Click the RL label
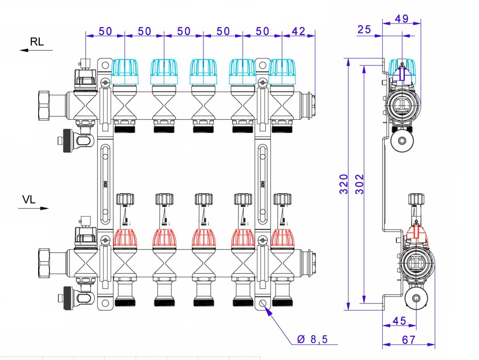pyautogui.click(x=37, y=42)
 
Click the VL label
pyautogui.click(x=29, y=199)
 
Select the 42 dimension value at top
pyautogui.click(x=298, y=31)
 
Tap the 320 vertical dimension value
pyautogui.click(x=344, y=184)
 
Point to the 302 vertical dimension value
pyautogui.click(x=359, y=184)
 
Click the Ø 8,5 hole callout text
pyautogui.click(x=312, y=340)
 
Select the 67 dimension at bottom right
pyautogui.click(x=408, y=340)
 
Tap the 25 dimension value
pyautogui.click(x=364, y=30)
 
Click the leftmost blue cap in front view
pyautogui.click(x=126, y=72)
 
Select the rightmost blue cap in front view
pyautogui.click(x=284, y=72)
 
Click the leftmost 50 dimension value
pyautogui.click(x=105, y=31)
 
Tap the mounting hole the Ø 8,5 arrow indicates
pyautogui.click(x=263, y=303)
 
